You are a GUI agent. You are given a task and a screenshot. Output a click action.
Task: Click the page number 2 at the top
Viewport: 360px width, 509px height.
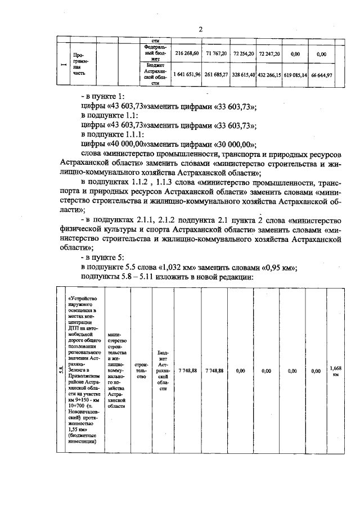tap(200, 29)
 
